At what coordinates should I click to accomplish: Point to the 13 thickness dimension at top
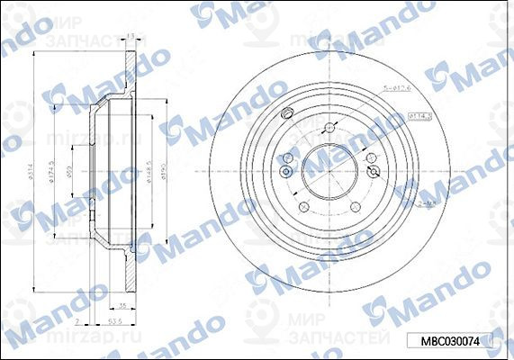(131, 37)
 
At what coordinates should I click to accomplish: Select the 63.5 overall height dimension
(114, 319)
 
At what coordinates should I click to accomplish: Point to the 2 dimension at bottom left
(78, 319)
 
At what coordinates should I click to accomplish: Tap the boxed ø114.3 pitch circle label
(420, 115)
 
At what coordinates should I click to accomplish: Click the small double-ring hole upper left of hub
(287, 113)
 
